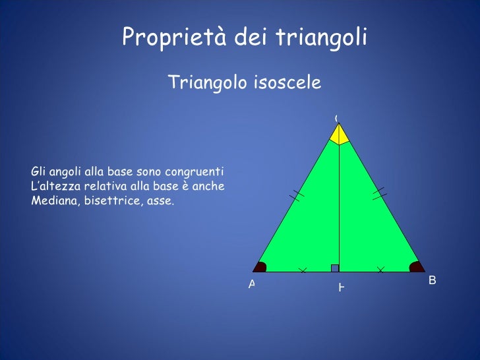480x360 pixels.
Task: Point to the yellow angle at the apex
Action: pyautogui.click(x=339, y=135)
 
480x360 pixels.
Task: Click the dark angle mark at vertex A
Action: pyautogui.click(x=260, y=267)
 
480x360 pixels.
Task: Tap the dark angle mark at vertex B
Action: pyautogui.click(x=417, y=267)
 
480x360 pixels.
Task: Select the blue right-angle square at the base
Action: pyautogui.click(x=335, y=268)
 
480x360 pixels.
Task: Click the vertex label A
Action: pyautogui.click(x=252, y=284)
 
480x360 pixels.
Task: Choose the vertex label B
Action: pyautogui.click(x=432, y=280)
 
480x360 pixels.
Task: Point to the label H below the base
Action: pyautogui.click(x=341, y=287)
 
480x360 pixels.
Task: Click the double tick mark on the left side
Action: pyautogui.click(x=297, y=195)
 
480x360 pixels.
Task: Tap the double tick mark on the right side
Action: pyautogui.click(x=379, y=193)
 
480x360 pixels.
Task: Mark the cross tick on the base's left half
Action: pyautogui.click(x=303, y=270)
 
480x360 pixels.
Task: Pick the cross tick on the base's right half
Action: pyautogui.click(x=380, y=270)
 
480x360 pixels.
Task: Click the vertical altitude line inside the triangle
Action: pyautogui.click(x=339, y=204)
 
